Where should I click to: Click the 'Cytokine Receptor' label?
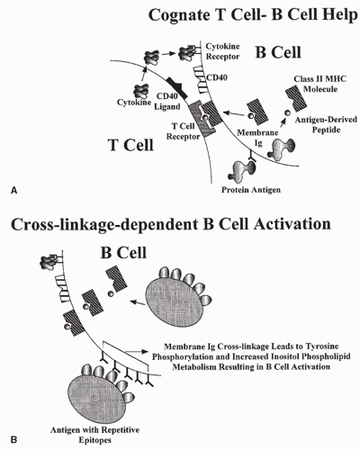tap(222, 51)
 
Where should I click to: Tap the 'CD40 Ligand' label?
tap(167, 101)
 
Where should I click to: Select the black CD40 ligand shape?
tap(177, 87)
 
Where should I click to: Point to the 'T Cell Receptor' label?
tap(183, 131)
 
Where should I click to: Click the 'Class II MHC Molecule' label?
tap(319, 84)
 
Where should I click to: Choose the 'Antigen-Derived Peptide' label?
tap(326, 125)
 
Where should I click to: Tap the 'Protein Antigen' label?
tap(251, 190)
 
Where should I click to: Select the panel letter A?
tap(13, 190)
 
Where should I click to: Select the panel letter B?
tap(13, 440)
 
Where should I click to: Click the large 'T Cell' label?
tap(130, 144)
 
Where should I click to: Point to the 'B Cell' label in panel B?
tap(123, 252)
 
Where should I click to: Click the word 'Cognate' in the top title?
tap(182, 15)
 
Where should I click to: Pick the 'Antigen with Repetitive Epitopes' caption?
tap(94, 435)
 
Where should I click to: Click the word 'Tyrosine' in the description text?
tap(321, 346)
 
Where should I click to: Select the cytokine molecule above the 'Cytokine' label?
tap(142, 92)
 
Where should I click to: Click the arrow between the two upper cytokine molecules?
tap(168, 54)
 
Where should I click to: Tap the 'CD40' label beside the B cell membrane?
tap(217, 77)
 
